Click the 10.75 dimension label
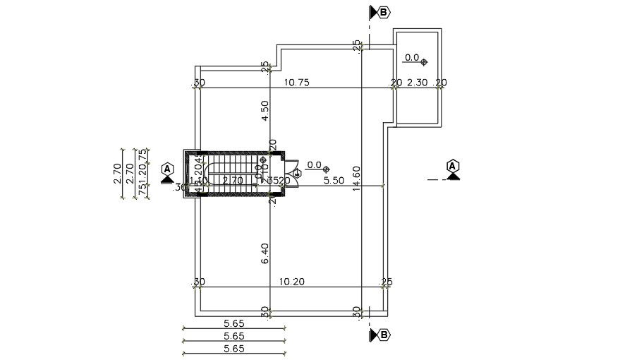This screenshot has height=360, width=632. [296, 83]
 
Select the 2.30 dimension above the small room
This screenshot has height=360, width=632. [418, 83]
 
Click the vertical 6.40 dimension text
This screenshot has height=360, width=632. [265, 253]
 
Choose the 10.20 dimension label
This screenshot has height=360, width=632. [292, 282]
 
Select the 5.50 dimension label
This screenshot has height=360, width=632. [334, 181]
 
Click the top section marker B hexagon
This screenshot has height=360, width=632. [384, 12]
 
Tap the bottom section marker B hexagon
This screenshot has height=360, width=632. [384, 335]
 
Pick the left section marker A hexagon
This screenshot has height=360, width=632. [167, 169]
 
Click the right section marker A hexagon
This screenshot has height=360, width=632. [453, 167]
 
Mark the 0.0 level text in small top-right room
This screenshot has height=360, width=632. [411, 58]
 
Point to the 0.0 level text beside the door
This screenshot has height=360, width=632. [314, 165]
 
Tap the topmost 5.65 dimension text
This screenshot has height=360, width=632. [233, 323]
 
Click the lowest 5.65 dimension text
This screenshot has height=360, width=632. [233, 348]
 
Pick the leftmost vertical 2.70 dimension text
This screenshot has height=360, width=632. [118, 174]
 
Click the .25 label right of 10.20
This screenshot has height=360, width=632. [386, 282]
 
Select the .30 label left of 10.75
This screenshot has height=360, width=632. [199, 83]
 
